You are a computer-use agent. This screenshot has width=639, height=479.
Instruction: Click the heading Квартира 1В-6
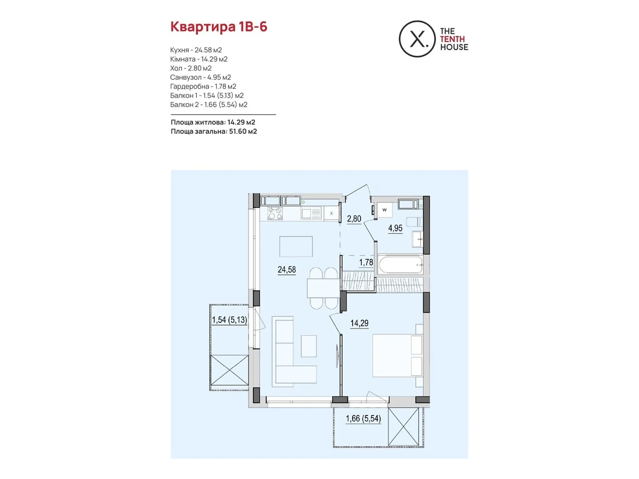click(x=218, y=27)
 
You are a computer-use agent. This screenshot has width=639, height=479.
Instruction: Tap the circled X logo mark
click(x=417, y=39)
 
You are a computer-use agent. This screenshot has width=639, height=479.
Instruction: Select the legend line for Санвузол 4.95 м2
click(x=200, y=77)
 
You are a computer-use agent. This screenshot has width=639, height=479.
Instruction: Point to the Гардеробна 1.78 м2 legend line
click(x=203, y=86)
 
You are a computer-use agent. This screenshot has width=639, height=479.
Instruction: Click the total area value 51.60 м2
click(x=243, y=131)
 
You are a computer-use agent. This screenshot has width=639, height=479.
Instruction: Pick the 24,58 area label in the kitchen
click(x=286, y=270)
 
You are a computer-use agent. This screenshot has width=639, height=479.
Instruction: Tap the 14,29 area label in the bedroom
click(x=359, y=323)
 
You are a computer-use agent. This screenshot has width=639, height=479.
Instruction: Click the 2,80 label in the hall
click(x=354, y=219)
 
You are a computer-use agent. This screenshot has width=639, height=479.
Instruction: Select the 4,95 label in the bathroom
click(x=395, y=228)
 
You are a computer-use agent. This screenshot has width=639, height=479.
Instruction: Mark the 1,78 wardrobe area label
click(x=366, y=263)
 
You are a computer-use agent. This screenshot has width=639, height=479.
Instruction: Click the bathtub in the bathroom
click(x=401, y=264)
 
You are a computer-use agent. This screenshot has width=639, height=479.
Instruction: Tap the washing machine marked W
click(x=384, y=210)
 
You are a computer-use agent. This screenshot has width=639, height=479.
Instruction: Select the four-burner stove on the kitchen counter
click(x=275, y=213)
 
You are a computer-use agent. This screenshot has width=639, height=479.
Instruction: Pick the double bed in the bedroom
click(x=397, y=356)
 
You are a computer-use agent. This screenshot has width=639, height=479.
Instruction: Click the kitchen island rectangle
click(x=296, y=247)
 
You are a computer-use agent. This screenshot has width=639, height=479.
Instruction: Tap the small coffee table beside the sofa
click(x=309, y=346)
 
